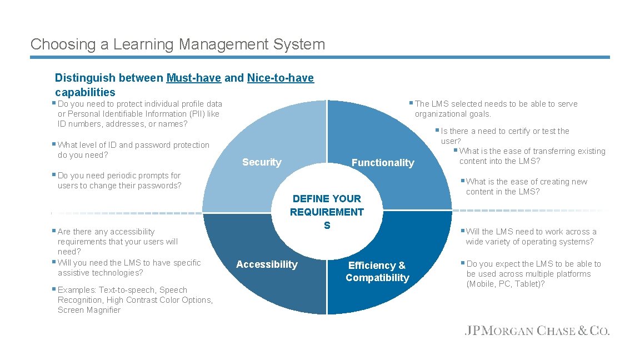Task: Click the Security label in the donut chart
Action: (x=262, y=162)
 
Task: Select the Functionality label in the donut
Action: (x=383, y=163)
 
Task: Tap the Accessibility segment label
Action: (x=267, y=264)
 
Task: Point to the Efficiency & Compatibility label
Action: (x=377, y=272)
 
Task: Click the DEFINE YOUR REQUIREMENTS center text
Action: (x=327, y=212)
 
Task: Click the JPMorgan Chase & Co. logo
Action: (x=537, y=331)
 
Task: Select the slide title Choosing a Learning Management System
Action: (x=178, y=44)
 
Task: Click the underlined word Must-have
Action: (x=194, y=78)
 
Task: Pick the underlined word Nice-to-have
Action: (x=281, y=78)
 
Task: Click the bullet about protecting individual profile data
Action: (x=139, y=114)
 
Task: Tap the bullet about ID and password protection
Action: (x=133, y=150)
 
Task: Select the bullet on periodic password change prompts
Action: (x=119, y=181)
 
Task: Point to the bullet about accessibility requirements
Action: (x=117, y=241)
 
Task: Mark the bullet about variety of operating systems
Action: (x=531, y=237)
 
